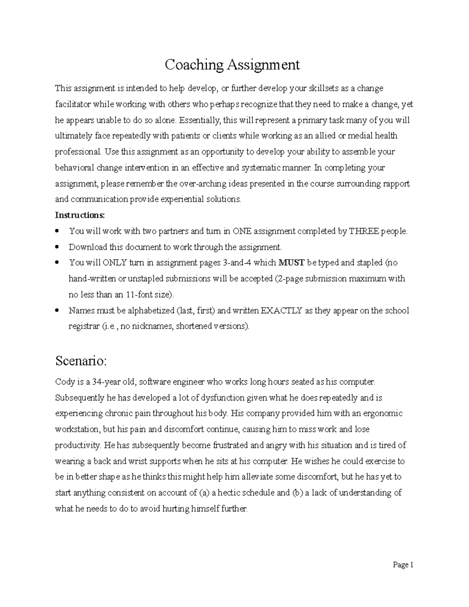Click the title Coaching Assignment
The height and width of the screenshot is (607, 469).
pos(232,64)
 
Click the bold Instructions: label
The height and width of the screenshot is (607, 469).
pos(80,215)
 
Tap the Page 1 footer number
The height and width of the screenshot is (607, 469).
pos(403,564)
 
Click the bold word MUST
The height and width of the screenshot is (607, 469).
pos(291,263)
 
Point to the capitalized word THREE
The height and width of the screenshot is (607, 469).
pos(364,231)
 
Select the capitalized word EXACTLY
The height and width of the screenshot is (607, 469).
pos(281,310)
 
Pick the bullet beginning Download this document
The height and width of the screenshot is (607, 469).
pos(57,247)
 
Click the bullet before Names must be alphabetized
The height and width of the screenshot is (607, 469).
pos(57,310)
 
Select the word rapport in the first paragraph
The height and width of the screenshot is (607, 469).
pos(396,183)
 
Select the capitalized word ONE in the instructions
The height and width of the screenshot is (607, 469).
pos(242,231)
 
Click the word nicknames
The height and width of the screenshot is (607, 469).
pos(152,326)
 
